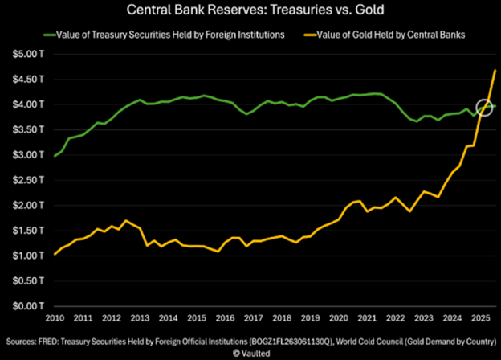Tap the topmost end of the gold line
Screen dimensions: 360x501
495,70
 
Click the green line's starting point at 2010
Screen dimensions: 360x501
55,156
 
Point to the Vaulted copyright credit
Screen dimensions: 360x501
250,352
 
